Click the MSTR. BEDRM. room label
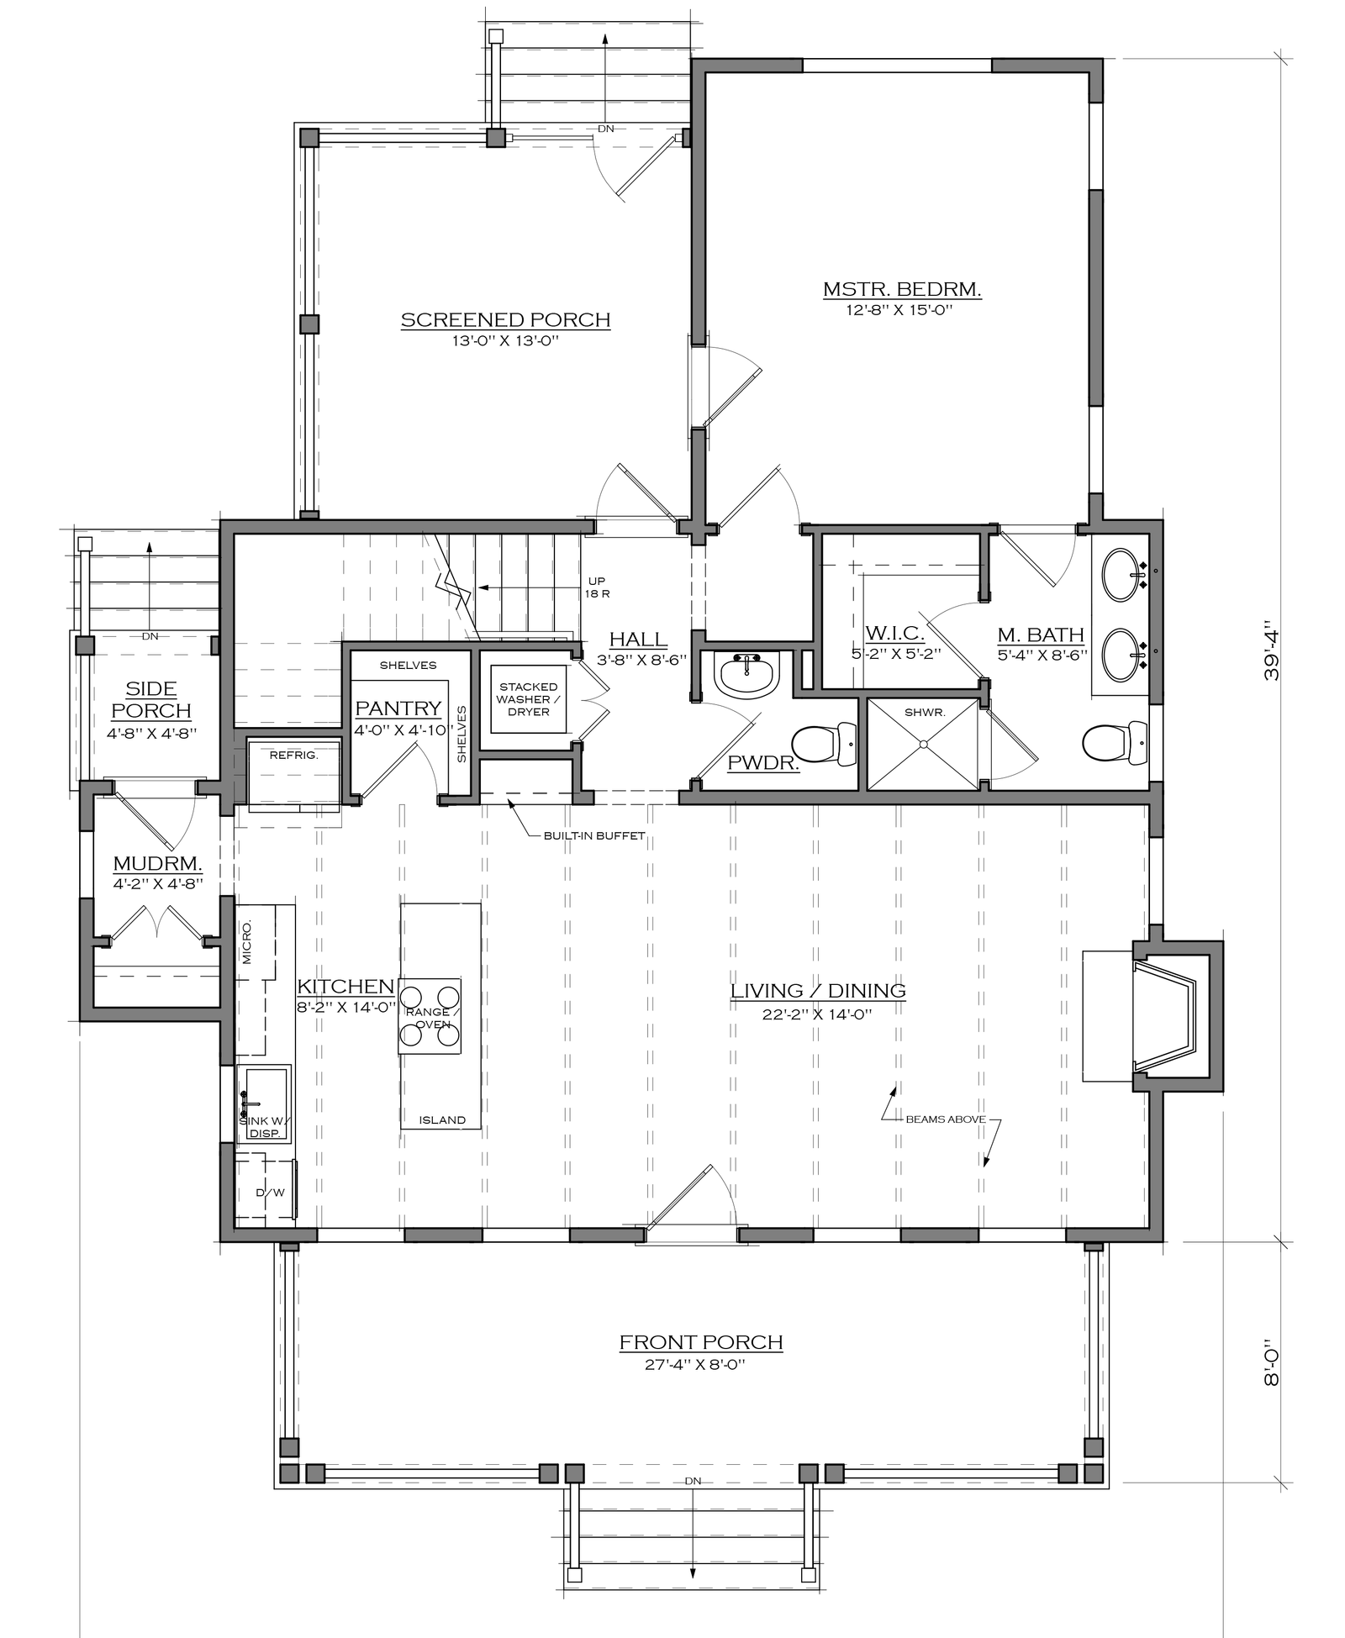pos(902,290)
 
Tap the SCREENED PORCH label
pos(505,320)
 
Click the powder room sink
pos(746,675)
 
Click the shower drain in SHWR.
pos(923,744)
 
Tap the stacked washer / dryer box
pos(529,699)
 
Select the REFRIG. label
pos(293,756)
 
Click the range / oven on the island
pos(430,1016)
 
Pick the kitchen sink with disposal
pos(265,1103)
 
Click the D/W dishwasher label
pos(270,1193)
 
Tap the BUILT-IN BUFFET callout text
pos(594,835)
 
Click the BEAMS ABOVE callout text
pos(946,1119)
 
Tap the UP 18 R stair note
pos(597,587)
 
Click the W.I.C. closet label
pos(894,633)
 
